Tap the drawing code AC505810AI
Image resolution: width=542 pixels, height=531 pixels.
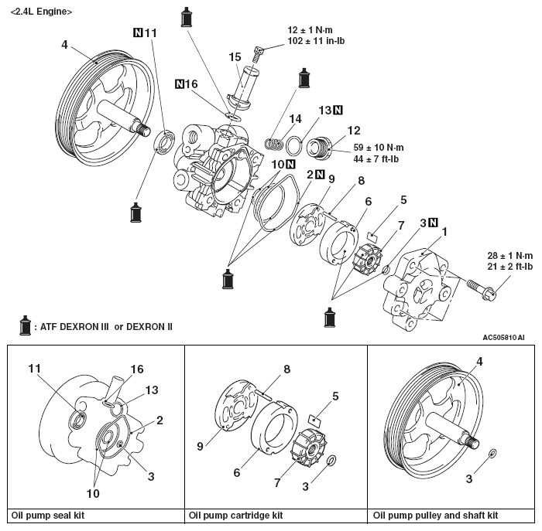coord(503,337)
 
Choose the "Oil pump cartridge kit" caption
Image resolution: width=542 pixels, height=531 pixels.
coord(235,515)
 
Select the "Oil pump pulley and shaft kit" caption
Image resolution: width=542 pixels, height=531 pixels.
coord(435,515)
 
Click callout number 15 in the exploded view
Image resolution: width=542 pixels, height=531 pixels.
coord(235,56)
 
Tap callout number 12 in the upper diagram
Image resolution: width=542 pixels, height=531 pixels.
coord(354,131)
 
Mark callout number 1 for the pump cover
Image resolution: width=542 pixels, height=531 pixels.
coord(444,231)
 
